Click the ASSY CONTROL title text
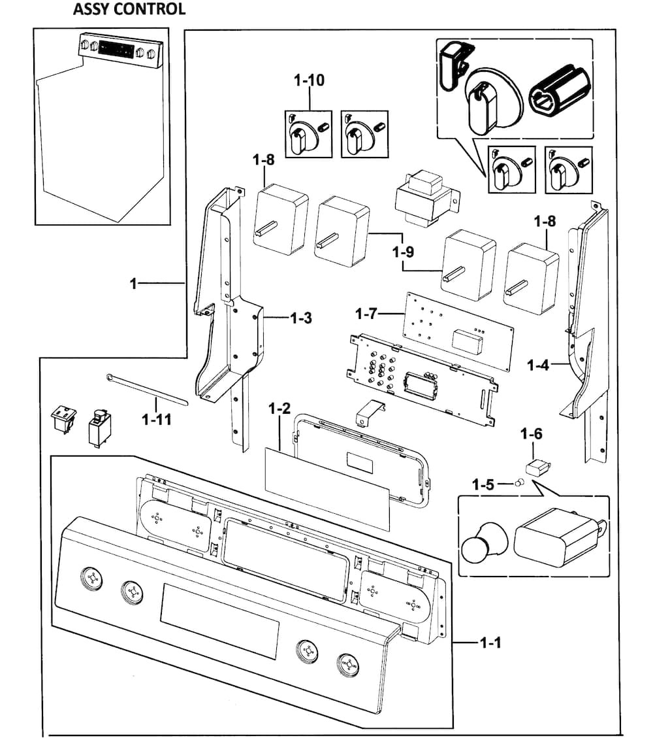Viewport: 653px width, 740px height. click(129, 9)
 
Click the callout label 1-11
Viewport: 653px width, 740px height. click(157, 419)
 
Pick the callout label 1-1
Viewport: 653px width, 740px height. click(490, 644)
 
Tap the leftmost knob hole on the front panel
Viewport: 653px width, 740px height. click(91, 578)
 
